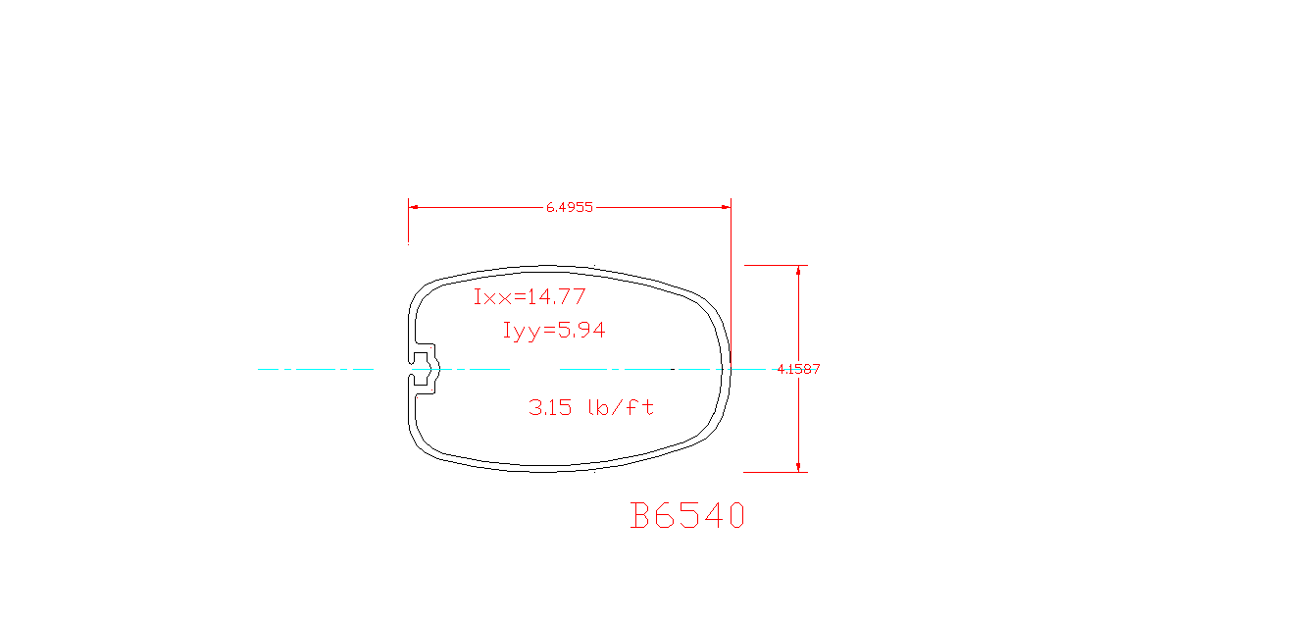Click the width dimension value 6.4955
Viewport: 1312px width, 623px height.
click(x=569, y=208)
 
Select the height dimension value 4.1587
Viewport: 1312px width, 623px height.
click(x=798, y=369)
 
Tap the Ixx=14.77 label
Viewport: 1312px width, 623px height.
click(x=530, y=296)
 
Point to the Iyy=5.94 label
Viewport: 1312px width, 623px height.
click(x=554, y=331)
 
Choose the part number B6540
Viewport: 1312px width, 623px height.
click(x=687, y=516)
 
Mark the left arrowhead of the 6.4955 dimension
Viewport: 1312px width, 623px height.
click(x=414, y=208)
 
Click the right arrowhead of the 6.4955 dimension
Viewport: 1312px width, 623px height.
click(x=726, y=208)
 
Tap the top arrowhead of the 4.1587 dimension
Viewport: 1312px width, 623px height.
click(x=798, y=271)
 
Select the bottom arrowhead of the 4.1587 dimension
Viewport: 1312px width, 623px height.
click(x=798, y=466)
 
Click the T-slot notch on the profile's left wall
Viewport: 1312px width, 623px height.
click(x=426, y=369)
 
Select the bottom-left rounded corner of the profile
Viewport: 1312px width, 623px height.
click(x=422, y=446)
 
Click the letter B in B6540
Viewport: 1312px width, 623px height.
click(x=640, y=516)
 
